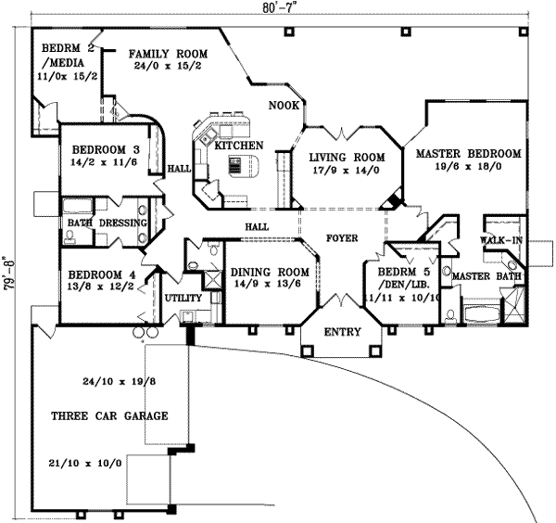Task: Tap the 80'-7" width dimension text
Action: tap(279, 7)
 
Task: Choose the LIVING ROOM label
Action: tap(347, 158)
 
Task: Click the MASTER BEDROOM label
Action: tap(468, 153)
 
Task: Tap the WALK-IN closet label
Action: tap(500, 240)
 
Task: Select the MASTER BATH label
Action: tap(486, 275)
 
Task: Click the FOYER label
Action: tap(342, 238)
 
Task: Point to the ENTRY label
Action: tap(341, 332)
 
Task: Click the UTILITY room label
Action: tap(183, 298)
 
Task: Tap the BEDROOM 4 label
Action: tap(101, 274)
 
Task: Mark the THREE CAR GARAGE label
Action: tap(109, 416)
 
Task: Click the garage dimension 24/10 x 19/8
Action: tap(108, 380)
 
